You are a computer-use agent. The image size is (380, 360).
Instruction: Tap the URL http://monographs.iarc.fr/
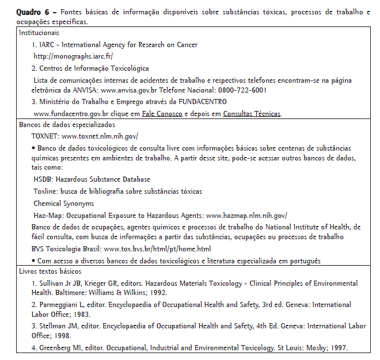[73, 56]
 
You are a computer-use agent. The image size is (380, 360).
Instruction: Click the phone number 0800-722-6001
[242, 90]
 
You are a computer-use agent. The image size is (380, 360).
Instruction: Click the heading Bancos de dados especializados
[67, 124]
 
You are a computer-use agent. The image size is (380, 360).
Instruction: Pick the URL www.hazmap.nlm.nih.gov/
[246, 215]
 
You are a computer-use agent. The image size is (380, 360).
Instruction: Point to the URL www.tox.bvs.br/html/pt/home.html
[157, 249]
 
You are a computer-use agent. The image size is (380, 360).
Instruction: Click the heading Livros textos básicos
[50, 271]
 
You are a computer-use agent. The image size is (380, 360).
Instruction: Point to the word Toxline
[45, 192]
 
